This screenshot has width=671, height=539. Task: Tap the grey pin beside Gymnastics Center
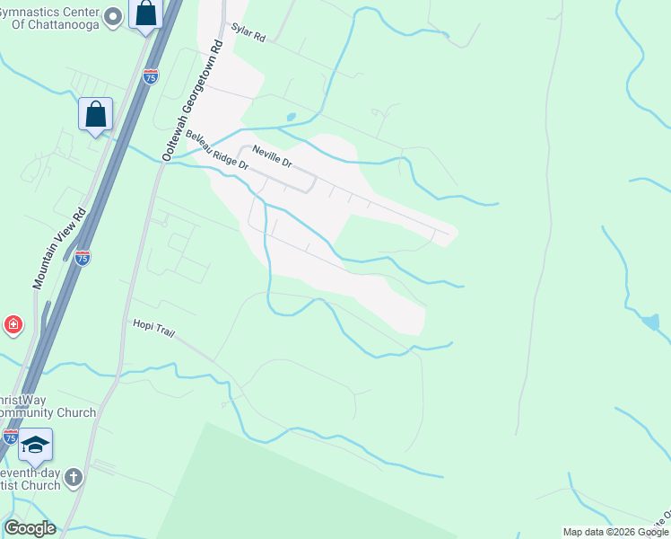click(113, 15)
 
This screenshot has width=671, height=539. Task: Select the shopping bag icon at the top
click(144, 14)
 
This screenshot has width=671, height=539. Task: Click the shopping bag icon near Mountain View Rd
click(95, 114)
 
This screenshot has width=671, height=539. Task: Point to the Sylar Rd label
click(248, 33)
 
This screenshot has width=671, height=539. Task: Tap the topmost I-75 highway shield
click(150, 76)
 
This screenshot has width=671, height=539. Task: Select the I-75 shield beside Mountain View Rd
click(83, 257)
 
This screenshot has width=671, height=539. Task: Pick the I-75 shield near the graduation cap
click(10, 437)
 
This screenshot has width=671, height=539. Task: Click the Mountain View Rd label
click(59, 248)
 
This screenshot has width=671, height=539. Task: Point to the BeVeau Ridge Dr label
click(217, 149)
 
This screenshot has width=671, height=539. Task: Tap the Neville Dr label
click(272, 156)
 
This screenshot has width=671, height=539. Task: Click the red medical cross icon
click(13, 324)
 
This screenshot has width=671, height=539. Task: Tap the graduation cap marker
click(35, 445)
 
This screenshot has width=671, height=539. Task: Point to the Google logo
click(30, 528)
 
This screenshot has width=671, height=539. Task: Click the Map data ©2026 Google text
click(614, 532)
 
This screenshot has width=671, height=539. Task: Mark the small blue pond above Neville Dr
click(291, 117)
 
